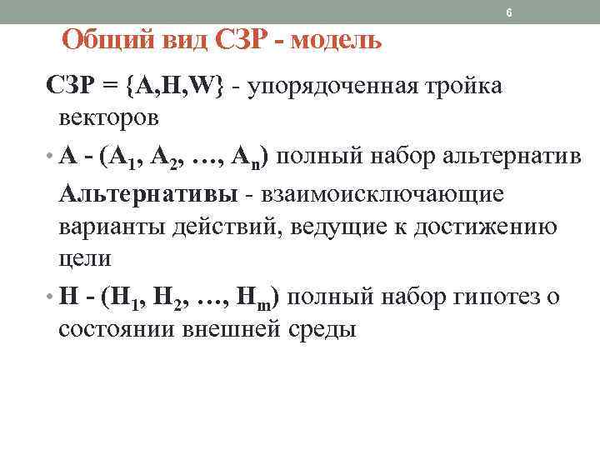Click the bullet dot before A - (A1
click(x=50, y=157)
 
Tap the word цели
click(x=85, y=258)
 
